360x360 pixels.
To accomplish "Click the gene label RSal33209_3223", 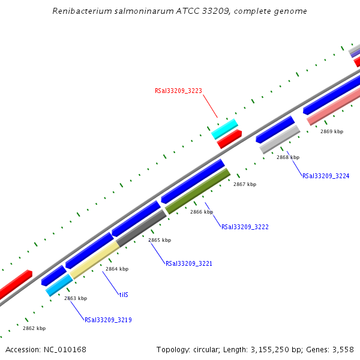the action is pyautogui.click(x=178, y=91).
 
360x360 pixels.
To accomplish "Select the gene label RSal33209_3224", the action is pyautogui.click(x=326, y=176).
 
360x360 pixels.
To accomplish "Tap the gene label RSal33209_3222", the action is pyautogui.click(x=245, y=227).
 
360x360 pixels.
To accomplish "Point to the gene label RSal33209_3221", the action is pyautogui.click(x=188, y=263).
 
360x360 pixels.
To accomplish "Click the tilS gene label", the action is pyautogui.click(x=124, y=295).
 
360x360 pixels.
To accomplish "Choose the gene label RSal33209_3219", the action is pyautogui.click(x=108, y=320).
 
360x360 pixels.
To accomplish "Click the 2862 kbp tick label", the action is pyautogui.click(x=34, y=328).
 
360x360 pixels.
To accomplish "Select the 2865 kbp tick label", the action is pyautogui.click(x=160, y=240).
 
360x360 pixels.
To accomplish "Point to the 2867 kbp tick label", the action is pyautogui.click(x=245, y=184).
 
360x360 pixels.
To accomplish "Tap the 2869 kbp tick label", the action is pyautogui.click(x=332, y=131).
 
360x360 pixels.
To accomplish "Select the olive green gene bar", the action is pyautogui.click(x=197, y=191).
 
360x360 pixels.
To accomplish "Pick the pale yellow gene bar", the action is pyautogui.click(x=94, y=260).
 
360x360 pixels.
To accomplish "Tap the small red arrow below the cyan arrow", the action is pyautogui.click(x=229, y=139).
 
